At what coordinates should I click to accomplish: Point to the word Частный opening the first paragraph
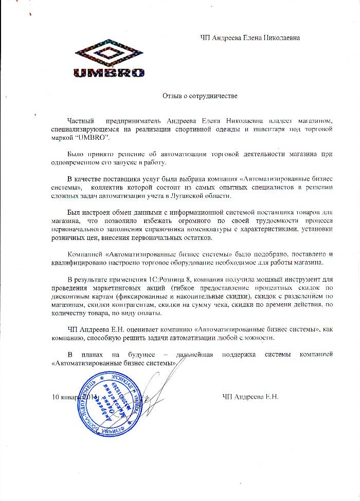(81, 120)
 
